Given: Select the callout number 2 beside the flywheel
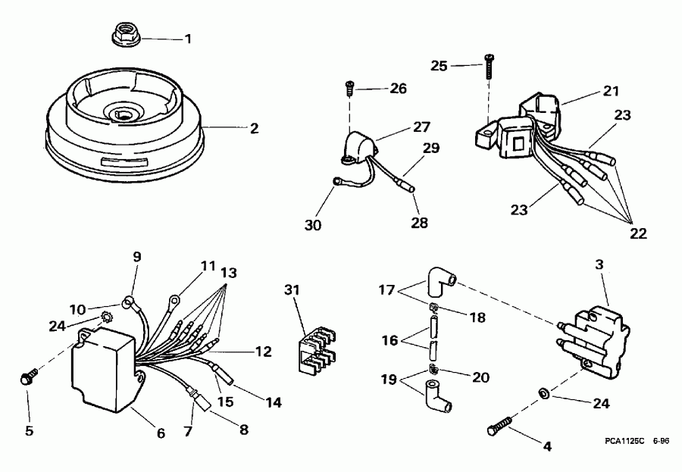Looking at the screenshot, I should [x=254, y=128].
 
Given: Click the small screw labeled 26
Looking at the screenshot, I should [x=349, y=88].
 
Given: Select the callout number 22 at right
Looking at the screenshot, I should [x=637, y=234].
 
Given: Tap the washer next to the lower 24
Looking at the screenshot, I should [x=542, y=394].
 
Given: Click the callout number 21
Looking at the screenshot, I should [x=611, y=91].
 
